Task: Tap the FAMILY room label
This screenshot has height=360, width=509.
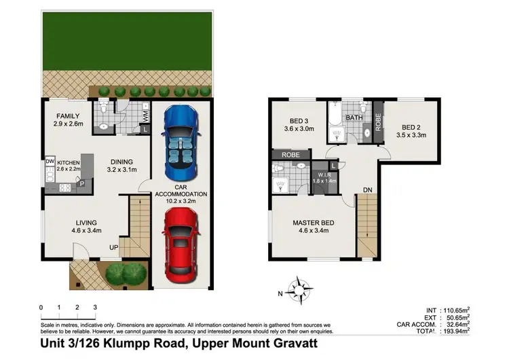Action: (68, 116)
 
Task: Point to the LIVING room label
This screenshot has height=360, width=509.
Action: (86, 222)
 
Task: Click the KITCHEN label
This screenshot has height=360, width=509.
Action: (69, 163)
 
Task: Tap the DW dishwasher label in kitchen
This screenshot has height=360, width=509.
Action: (49, 161)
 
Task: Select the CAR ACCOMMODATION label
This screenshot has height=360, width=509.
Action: (180, 193)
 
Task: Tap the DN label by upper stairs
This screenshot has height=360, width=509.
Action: (367, 190)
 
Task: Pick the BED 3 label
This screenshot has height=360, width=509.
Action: (293, 123)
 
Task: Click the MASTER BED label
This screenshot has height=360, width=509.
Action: (312, 223)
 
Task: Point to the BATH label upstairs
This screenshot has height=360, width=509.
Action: (354, 118)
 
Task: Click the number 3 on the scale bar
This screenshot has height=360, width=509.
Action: (95, 308)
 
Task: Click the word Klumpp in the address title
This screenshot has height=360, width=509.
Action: (124, 346)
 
